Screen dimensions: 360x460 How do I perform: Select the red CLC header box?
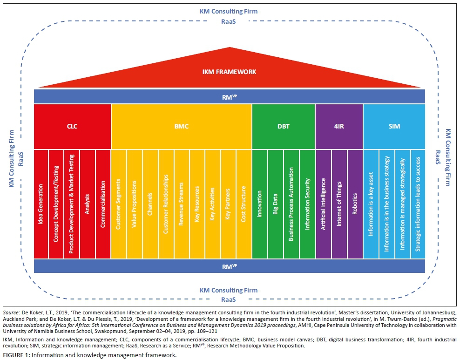[x=72, y=126]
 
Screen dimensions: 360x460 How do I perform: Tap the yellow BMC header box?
[x=181, y=126]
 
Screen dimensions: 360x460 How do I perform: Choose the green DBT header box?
[x=283, y=126]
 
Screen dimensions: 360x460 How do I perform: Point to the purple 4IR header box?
[x=339, y=126]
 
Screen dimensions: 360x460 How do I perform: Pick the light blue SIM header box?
[x=394, y=126]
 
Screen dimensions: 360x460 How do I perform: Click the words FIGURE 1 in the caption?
[x=16, y=355]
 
